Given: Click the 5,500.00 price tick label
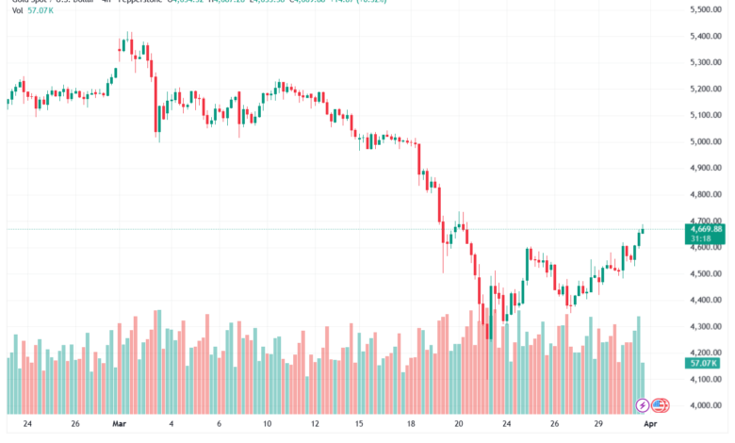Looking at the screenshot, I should pyautogui.click(x=705, y=9).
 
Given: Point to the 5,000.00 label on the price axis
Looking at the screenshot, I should pyautogui.click(x=705, y=141).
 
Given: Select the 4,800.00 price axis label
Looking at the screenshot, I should pyautogui.click(x=705, y=195).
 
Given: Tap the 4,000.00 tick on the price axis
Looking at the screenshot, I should pyautogui.click(x=705, y=406).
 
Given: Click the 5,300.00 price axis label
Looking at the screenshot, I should pyautogui.click(x=705, y=62).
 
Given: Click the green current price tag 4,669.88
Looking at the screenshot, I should pyautogui.click(x=706, y=229).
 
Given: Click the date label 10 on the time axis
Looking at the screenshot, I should pyautogui.click(x=268, y=424).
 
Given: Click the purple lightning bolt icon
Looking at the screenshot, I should pyautogui.click(x=643, y=405).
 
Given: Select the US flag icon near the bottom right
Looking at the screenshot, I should pyautogui.click(x=660, y=405).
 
